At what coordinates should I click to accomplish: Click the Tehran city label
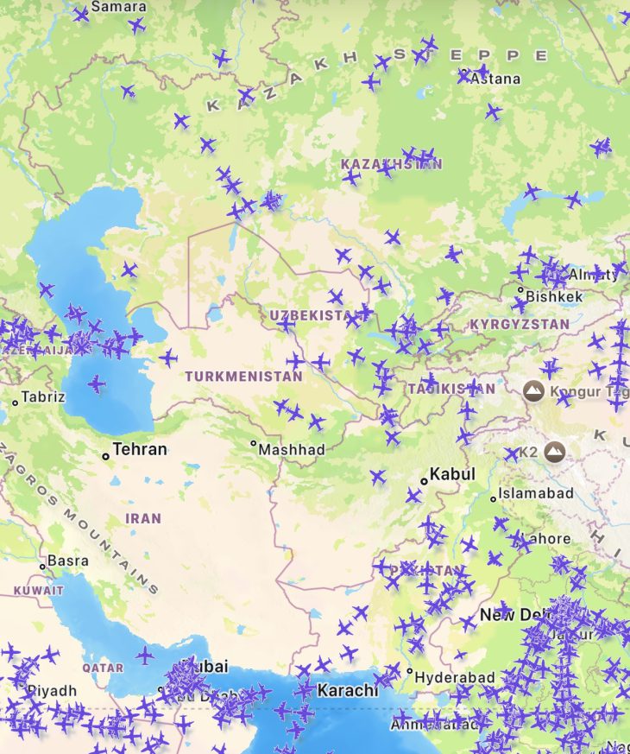(x=140, y=449)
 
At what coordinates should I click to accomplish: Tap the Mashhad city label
(x=293, y=449)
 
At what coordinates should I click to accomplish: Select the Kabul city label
(x=452, y=474)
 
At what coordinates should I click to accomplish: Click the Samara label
(x=118, y=7)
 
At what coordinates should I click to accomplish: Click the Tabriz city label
(x=44, y=397)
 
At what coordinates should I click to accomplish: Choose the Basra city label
(x=67, y=561)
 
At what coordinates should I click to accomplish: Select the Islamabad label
(x=537, y=493)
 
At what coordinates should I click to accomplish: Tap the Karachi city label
(x=348, y=690)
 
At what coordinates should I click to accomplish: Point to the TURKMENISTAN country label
(x=243, y=377)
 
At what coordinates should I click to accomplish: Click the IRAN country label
(x=143, y=518)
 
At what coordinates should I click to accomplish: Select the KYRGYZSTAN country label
(x=520, y=324)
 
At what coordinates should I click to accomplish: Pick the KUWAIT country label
(x=39, y=591)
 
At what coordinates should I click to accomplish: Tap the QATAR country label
(x=103, y=668)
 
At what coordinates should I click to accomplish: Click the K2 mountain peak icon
(x=554, y=451)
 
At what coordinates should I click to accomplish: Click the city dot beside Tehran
(x=105, y=455)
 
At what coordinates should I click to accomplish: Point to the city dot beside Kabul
(x=424, y=480)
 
